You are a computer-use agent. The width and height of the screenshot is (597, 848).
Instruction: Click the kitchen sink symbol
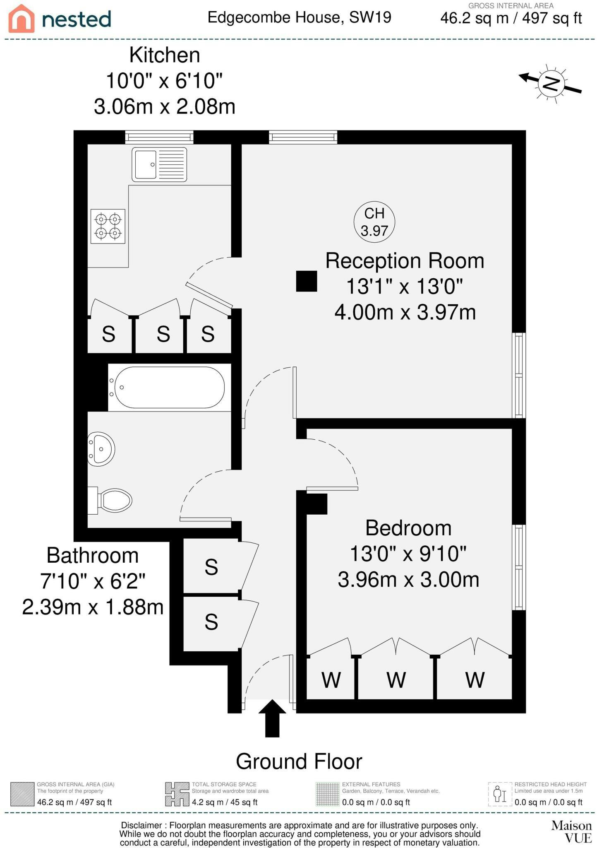159,164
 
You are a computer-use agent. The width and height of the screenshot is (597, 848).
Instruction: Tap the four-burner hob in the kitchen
108,226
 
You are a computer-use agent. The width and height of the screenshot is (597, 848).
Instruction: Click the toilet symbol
110,501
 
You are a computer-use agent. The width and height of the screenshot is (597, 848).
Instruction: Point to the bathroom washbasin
101,449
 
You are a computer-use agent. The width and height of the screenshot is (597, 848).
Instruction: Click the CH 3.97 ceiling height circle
374,222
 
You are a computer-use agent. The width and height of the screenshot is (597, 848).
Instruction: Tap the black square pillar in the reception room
307,281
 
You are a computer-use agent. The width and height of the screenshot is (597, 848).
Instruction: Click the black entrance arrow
272,718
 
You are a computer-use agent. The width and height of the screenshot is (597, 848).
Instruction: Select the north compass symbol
551,83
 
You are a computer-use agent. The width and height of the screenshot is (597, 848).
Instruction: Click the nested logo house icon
22,19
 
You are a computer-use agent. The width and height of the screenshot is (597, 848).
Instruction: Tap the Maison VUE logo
572,831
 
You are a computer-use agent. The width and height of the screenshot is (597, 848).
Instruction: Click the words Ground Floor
299,761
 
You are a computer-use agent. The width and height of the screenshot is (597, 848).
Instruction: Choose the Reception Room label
405,261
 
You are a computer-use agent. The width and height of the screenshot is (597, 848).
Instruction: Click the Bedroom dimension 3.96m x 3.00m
408,580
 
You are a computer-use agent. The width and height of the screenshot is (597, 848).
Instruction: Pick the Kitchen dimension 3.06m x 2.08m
165,107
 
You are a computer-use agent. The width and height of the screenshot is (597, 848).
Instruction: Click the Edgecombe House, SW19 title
299,17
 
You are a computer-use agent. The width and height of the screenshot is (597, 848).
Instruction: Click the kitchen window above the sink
159,137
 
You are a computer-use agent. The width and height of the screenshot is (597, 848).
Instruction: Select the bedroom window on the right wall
519,568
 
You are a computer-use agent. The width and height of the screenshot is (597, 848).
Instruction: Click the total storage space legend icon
177,794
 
